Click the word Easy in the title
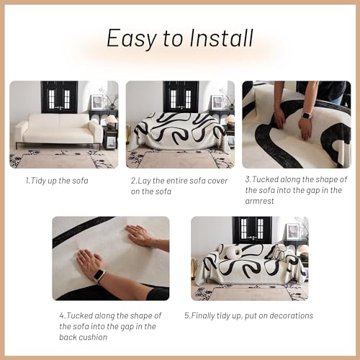[x=132, y=38]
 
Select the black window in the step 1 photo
[x=59, y=96]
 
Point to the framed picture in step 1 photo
[x=96, y=102]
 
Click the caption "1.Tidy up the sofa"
[x=57, y=181]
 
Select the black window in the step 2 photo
[x=181, y=96]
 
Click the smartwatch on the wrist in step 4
[x=99, y=276]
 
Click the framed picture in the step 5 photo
[x=292, y=232]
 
